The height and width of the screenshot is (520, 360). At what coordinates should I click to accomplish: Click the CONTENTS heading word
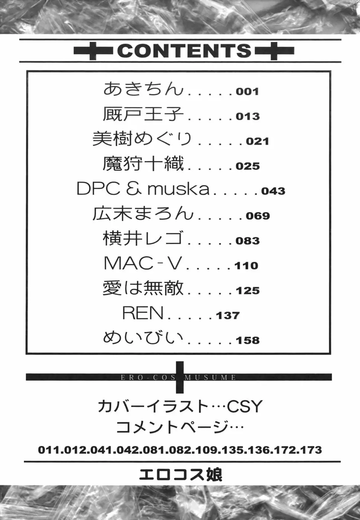click(184, 51)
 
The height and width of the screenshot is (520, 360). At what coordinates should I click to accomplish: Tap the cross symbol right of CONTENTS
click(274, 51)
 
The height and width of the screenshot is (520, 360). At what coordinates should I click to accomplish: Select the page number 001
click(247, 92)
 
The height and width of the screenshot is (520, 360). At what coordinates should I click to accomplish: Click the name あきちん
click(143, 89)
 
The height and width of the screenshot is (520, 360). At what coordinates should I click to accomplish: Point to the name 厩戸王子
click(143, 114)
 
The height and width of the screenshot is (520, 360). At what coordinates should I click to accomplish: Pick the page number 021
click(258, 142)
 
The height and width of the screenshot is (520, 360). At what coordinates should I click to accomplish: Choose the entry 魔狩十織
click(143, 163)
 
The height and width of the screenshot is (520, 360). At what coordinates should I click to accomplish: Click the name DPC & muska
click(143, 189)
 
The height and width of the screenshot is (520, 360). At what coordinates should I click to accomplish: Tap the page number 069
click(258, 216)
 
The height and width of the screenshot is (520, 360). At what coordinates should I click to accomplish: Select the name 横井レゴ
click(143, 238)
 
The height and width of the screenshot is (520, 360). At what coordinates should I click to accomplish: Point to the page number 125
click(248, 290)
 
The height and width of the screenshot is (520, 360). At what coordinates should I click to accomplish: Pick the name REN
click(143, 313)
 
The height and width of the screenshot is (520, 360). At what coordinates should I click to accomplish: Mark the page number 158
click(248, 341)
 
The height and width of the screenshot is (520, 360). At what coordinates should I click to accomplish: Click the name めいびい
click(143, 338)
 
